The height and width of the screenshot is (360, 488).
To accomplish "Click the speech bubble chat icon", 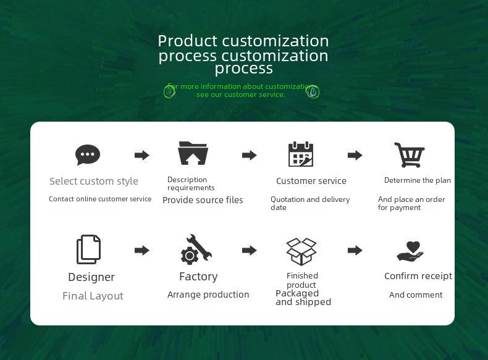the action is click(88, 154).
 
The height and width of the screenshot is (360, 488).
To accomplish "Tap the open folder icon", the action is click(193, 153).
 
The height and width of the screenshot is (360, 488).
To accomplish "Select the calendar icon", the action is click(301, 154).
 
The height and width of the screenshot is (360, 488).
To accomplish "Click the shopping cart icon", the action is click(410, 154).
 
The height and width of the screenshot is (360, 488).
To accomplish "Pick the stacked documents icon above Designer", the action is click(89, 249).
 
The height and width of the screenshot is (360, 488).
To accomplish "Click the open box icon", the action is click(301, 251).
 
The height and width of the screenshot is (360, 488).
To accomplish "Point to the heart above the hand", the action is click(413, 247).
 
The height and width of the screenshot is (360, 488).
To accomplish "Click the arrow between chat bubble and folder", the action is click(142, 155).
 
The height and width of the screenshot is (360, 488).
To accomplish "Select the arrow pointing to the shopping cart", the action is click(355, 155).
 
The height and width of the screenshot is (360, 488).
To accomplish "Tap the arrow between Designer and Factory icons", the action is click(142, 250).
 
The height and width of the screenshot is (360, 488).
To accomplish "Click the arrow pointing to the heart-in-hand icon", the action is click(355, 250).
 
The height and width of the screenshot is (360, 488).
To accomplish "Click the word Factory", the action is click(198, 276).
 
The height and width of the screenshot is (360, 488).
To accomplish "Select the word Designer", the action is click(91, 277).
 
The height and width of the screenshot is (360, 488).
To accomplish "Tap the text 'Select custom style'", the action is click(94, 181).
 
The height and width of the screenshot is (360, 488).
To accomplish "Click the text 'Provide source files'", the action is click(203, 200).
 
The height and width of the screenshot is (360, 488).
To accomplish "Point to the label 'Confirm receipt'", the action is click(418, 276).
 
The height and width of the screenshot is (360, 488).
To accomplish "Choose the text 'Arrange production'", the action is click(208, 295).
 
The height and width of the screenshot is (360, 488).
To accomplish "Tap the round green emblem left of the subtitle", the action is click(170, 92).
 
